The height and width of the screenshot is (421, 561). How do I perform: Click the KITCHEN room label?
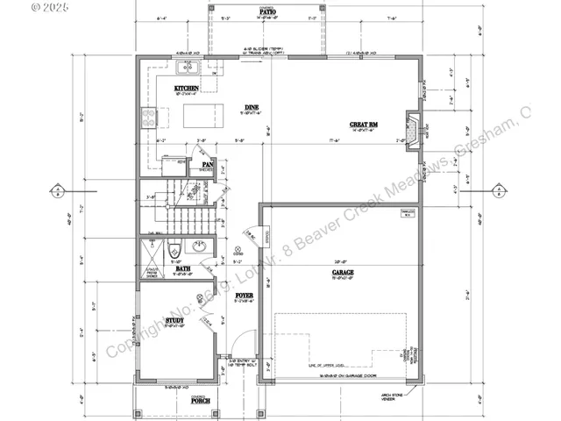[185, 89]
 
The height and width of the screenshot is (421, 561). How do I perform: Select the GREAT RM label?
[363, 125]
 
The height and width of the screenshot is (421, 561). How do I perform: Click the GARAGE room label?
[343, 273]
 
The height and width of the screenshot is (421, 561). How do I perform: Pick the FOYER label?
[245, 296]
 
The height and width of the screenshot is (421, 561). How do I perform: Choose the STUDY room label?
[173, 321]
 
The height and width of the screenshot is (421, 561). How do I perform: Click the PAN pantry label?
[208, 164]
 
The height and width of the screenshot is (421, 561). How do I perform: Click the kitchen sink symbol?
[188, 68]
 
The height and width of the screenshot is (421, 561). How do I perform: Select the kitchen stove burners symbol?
[149, 118]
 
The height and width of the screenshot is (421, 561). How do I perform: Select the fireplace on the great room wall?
[413, 123]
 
